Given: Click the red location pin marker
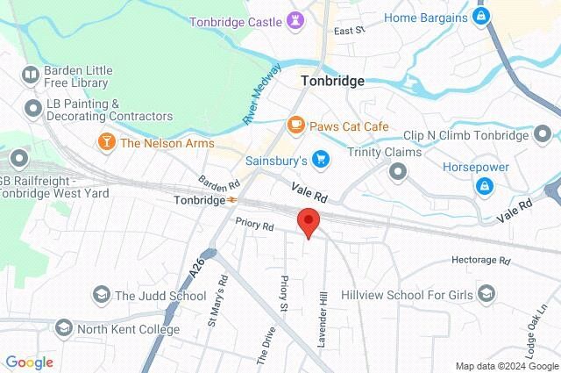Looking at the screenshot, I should click(x=307, y=221).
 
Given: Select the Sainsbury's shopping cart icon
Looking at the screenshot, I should click(x=321, y=160).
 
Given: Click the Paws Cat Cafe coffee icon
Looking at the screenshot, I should click(x=296, y=126).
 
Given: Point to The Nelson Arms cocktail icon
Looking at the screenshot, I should click(x=106, y=142).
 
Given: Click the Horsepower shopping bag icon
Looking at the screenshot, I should click(x=483, y=185).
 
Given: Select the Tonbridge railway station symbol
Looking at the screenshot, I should click(x=231, y=200).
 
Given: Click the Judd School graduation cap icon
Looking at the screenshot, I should click(x=101, y=295).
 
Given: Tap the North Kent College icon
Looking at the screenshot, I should click(x=63, y=329).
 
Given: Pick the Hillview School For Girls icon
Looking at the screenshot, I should click(x=487, y=295).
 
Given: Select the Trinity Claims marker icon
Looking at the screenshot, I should click(x=398, y=169).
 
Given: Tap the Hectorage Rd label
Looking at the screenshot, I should click(x=480, y=261).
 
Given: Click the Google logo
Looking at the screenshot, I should click(x=29, y=362).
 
